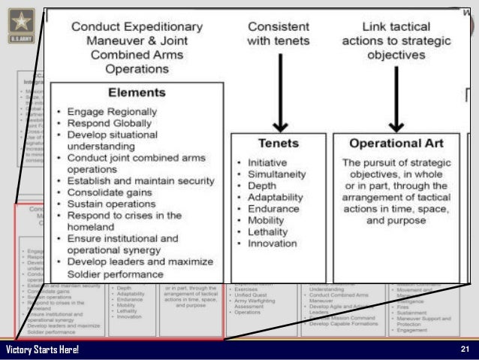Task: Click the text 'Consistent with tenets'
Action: (x=277, y=32)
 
